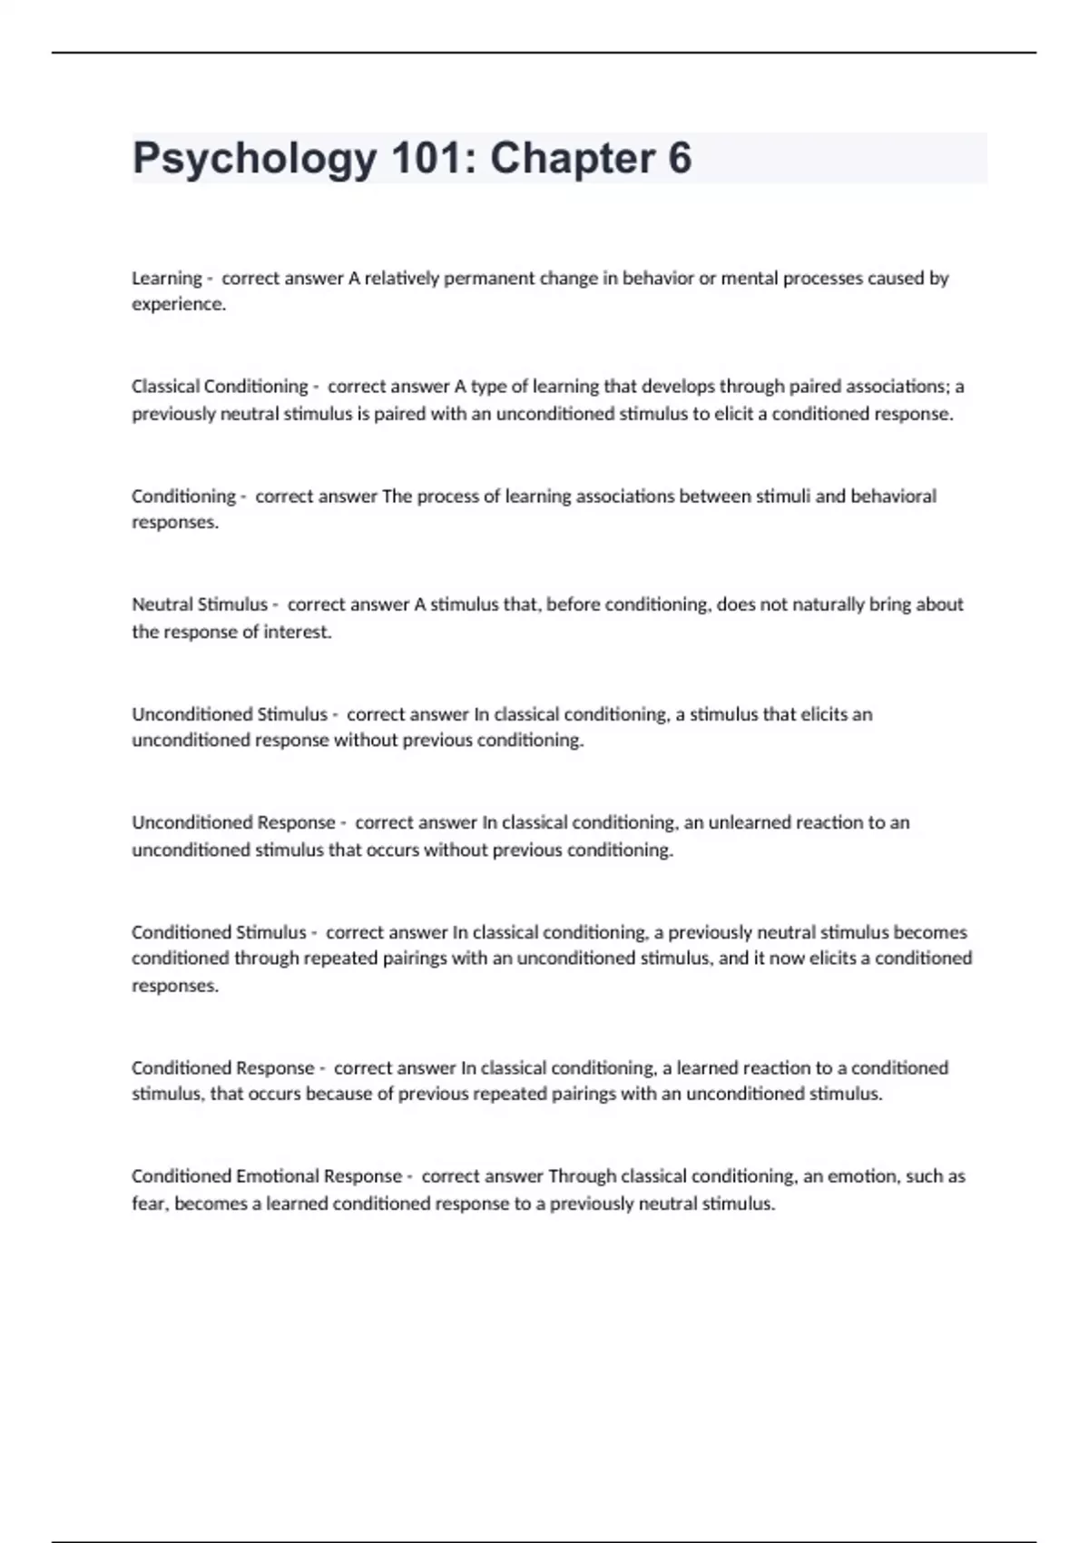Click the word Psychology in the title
[x=254, y=159]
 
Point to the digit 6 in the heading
[x=680, y=159]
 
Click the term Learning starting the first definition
[x=167, y=278]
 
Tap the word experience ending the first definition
[x=178, y=304]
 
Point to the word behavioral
[x=893, y=496]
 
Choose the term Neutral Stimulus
[x=200, y=604]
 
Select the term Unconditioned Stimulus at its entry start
[x=230, y=714]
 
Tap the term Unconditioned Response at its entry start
[x=233, y=822]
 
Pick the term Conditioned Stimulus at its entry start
[x=219, y=932]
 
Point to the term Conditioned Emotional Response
[x=267, y=1176]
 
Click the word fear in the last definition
[x=149, y=1204]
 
